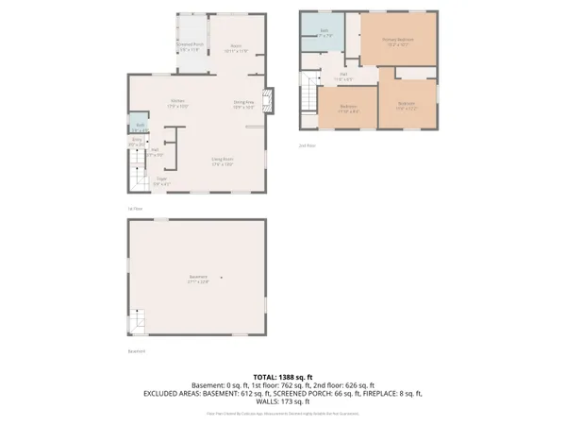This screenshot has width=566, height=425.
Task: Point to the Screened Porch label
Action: tap(189, 46)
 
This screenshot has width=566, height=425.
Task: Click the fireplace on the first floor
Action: tap(269, 99)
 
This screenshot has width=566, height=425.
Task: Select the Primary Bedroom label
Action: tap(398, 41)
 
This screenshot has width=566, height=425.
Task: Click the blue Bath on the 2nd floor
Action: tap(323, 32)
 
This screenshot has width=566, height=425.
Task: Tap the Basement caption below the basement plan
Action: tap(138, 352)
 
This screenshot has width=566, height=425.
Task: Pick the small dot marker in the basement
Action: tap(223, 277)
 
